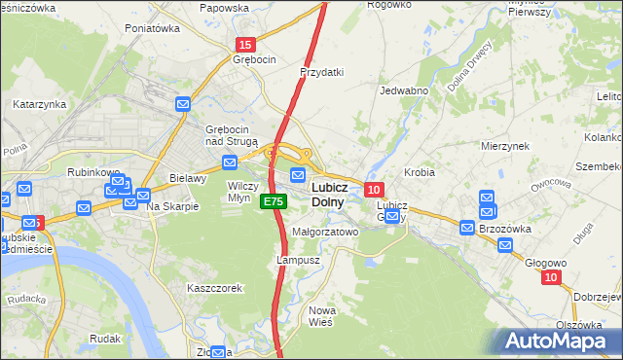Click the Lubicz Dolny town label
[325, 194]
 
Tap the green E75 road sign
[273, 201]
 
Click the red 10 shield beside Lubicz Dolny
[375, 188]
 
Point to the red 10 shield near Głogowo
[552, 278]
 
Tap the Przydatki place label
[323, 72]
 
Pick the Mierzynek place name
[504, 145]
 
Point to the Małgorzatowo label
[325, 233]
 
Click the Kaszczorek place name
[214, 288]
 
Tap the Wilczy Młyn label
[242, 190]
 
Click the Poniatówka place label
[153, 29]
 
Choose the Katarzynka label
[39, 103]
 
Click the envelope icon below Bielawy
[142, 195]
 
